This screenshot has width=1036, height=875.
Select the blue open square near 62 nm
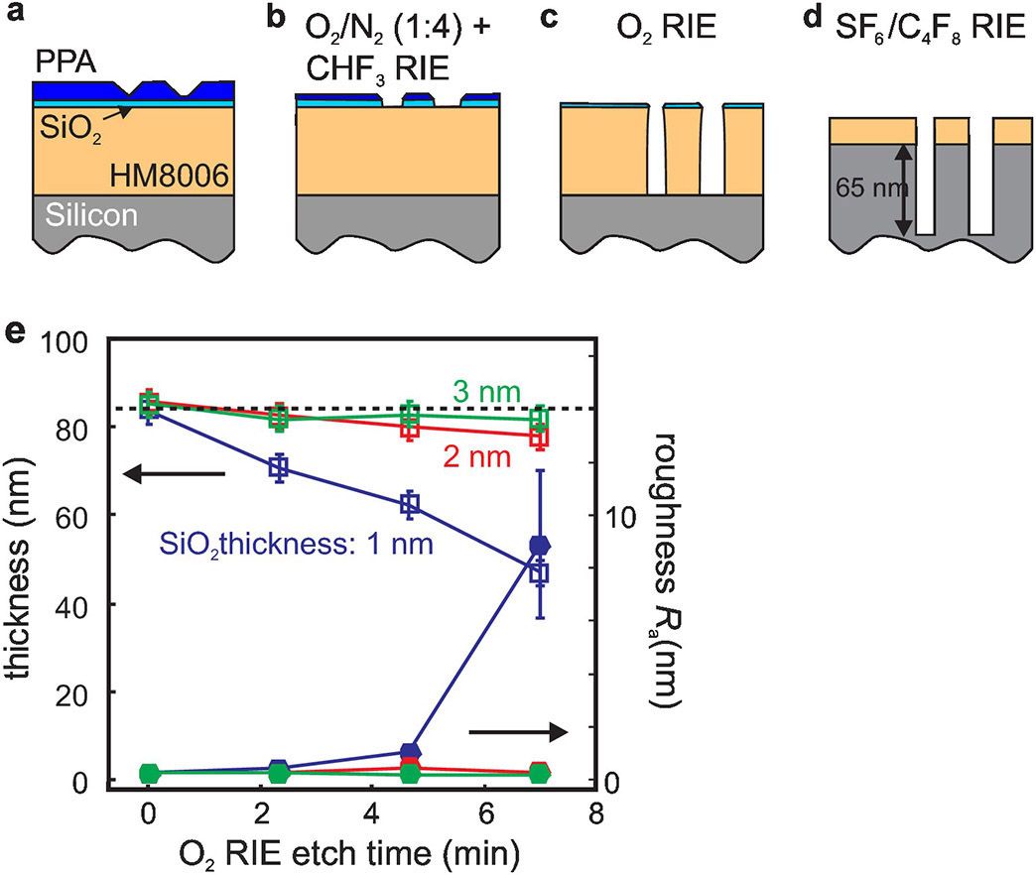click(x=409, y=504)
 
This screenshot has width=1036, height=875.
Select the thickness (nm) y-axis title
click(x=22, y=562)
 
